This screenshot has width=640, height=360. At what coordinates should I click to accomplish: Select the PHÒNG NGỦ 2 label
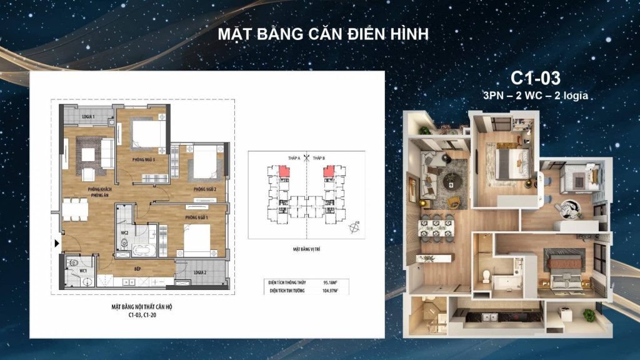[x=204, y=189]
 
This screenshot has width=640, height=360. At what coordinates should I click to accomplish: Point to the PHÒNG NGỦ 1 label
[x=196, y=217]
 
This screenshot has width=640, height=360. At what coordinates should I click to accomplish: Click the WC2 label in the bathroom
[x=124, y=232]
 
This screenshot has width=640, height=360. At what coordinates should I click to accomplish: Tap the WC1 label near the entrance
[x=83, y=271]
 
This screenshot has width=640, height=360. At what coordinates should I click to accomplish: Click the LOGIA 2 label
[x=200, y=272]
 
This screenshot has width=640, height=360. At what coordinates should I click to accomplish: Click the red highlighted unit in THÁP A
[x=284, y=171]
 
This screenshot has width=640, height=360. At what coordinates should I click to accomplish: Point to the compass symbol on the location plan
[x=356, y=227]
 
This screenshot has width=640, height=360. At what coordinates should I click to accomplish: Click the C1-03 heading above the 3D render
[x=536, y=77]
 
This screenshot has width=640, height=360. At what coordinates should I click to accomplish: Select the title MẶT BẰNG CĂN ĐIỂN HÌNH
[x=322, y=34]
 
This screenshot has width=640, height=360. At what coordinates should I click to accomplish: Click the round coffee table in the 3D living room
[x=450, y=181]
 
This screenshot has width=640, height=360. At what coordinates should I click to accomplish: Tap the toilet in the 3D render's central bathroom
[x=486, y=274]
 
